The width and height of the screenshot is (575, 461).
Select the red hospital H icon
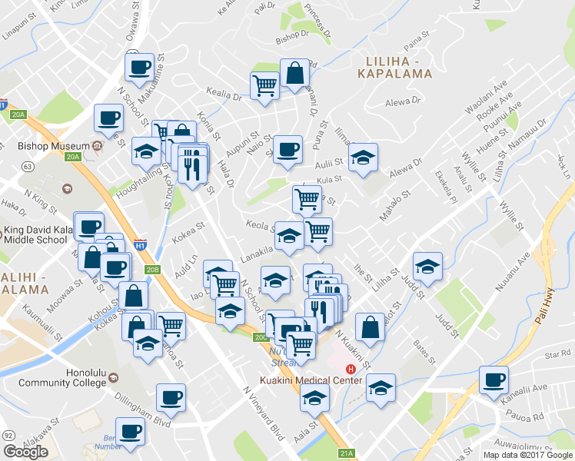coord(351,369)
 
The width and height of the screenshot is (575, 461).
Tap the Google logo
coord(25,452)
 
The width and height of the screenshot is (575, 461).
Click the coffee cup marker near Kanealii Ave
coord(494,379)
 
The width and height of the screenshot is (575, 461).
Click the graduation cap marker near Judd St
coord(427,266)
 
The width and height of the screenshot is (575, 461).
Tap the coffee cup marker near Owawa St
coord(139,68)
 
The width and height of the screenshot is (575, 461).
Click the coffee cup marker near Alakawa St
coord(130,431)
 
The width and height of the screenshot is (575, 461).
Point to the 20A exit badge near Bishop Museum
coord(72,158)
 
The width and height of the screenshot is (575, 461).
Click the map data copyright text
coord(527,455)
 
